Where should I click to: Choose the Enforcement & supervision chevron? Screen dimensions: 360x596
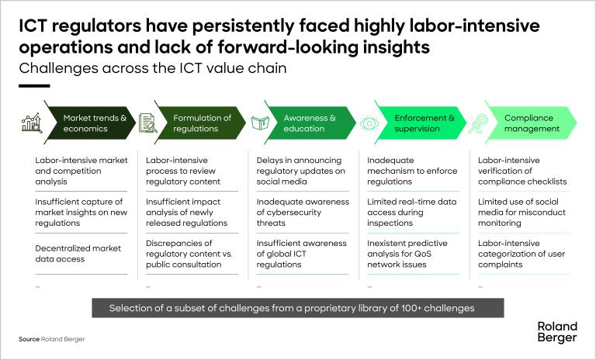click(x=424, y=123)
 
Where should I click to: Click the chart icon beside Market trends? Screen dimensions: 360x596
click(x=32, y=123)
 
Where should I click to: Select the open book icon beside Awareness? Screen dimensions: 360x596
click(x=259, y=123)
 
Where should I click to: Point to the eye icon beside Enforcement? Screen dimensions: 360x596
click(x=370, y=123)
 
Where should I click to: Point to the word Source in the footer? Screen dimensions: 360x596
click(x=29, y=340)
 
